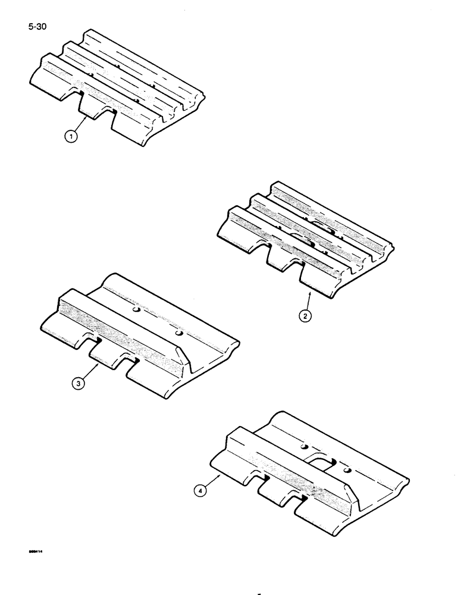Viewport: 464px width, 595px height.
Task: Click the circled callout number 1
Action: pos(71,137)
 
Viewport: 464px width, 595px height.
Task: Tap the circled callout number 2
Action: pos(305,316)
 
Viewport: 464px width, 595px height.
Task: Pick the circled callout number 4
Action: pos(203,491)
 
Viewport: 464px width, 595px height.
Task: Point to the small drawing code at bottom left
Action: pos(37,552)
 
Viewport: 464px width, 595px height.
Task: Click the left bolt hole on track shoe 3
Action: pos(136,311)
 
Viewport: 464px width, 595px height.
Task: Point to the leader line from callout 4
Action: pos(214,481)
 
